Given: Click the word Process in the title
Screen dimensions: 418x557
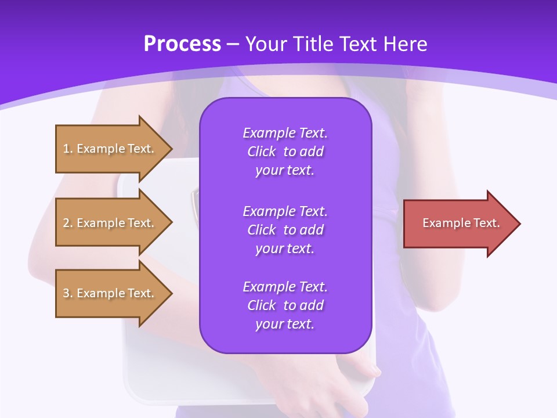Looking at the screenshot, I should [182, 44].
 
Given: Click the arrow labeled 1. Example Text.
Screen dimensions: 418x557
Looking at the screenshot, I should [110, 149].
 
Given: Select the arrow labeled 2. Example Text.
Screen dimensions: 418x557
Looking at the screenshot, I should [110, 223].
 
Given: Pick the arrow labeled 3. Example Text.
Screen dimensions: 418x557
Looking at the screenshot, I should [110, 293].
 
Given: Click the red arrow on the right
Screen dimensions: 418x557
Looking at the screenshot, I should [458, 224].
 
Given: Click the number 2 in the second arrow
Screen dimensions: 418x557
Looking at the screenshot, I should [66, 223].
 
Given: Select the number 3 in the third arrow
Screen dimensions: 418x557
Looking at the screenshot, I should [66, 293].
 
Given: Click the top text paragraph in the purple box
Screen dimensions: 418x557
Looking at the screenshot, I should [285, 152].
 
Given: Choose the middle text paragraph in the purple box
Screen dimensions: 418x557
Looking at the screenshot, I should [285, 230].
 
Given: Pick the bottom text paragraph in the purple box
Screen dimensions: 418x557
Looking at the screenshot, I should [285, 305].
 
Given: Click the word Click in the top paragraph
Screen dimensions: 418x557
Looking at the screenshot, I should [262, 152].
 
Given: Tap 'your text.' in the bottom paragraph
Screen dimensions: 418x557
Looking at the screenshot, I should [285, 324].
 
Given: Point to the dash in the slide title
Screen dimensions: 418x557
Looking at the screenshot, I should [233, 44].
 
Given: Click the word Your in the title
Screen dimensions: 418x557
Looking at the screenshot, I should [266, 44].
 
